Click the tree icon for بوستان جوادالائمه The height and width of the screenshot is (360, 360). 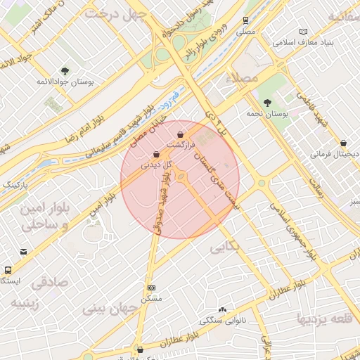[65, 71]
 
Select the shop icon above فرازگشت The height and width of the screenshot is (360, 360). [181, 134]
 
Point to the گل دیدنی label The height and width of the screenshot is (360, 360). [155, 166]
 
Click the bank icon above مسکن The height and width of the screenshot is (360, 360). [152, 288]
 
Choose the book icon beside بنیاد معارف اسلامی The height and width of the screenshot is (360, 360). [303, 32]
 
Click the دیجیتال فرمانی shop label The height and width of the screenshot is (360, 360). [335, 153]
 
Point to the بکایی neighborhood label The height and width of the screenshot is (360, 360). [226, 247]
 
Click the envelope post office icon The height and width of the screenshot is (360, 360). [25, 252]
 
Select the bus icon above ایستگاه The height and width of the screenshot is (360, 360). [8, 270]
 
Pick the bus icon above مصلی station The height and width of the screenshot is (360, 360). [245, 20]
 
